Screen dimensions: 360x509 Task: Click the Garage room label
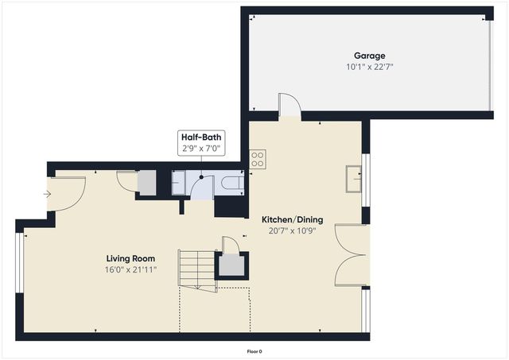[369, 56]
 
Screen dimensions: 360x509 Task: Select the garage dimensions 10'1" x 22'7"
[369, 67]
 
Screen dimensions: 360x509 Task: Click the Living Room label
[130, 258]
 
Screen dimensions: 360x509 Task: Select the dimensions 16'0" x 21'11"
[130, 269]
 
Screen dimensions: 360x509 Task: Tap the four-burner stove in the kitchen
[258, 159]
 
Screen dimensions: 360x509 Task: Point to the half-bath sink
[179, 184]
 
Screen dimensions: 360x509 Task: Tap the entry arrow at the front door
[48, 193]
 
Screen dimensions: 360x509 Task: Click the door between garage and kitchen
[289, 105]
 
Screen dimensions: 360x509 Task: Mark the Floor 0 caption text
[254, 350]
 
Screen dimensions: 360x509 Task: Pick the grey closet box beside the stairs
[231, 265]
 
